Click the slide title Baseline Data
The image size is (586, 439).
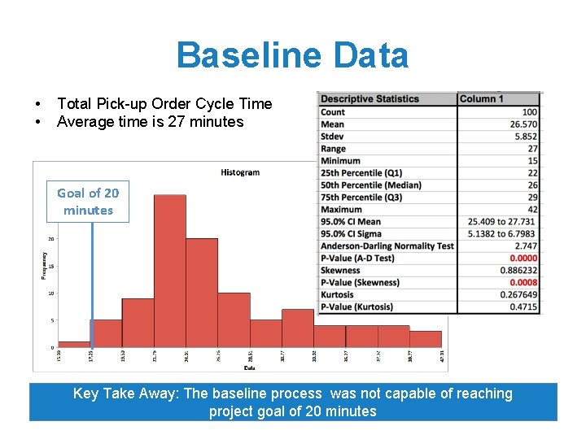[292, 55]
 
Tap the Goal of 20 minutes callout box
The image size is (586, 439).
[88, 202]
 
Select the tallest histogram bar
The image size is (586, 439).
[169, 271]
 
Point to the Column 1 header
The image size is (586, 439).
[482, 99]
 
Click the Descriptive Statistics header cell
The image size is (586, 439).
[370, 99]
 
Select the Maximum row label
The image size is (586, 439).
[342, 210]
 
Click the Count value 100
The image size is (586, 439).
[529, 112]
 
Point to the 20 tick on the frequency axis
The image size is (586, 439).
[50, 239]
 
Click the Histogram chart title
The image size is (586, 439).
[240, 172]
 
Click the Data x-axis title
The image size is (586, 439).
[248, 367]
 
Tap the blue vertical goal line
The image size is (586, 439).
[92, 285]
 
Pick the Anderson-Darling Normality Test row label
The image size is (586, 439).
[387, 246]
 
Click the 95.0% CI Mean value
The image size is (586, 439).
[503, 222]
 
